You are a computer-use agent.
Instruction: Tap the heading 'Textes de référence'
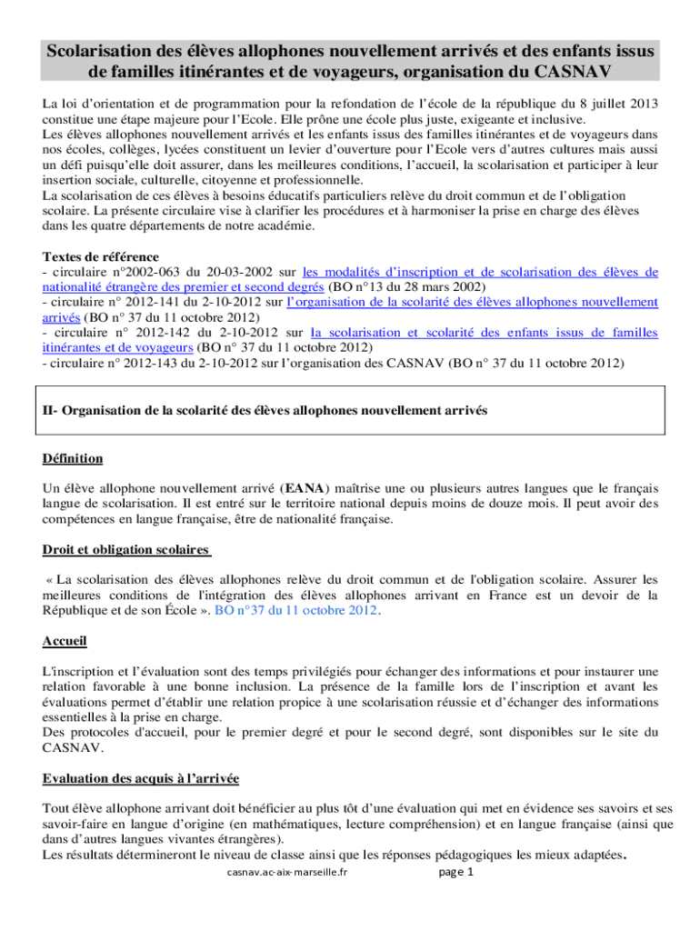point(101,256)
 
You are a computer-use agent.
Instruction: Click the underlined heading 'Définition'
point(73,458)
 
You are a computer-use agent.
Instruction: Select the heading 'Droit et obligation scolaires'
point(127,549)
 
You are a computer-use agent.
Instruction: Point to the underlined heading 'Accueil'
point(65,641)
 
